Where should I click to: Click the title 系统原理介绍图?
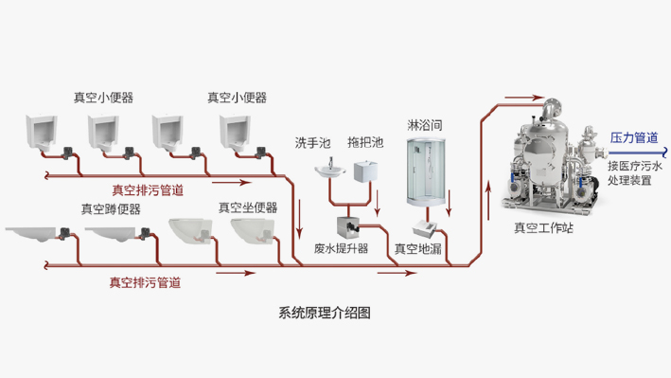(x=325, y=314)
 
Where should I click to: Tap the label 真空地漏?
(x=418, y=249)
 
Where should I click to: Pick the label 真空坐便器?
(x=247, y=207)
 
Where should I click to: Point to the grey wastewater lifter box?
(x=343, y=227)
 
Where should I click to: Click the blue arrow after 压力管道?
(x=664, y=152)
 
